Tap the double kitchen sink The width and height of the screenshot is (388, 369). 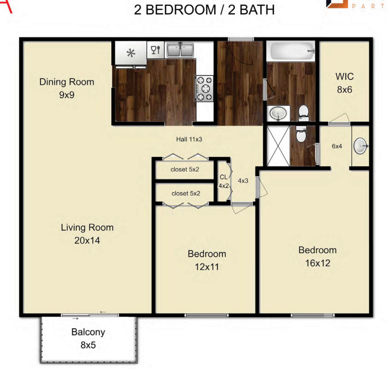pos(181,50)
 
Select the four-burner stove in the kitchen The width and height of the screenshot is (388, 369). pos(204,88)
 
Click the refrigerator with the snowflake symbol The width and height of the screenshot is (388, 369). pos(130,53)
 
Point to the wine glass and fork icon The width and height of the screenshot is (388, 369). pos(156,50)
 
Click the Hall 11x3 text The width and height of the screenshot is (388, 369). pos(189,139)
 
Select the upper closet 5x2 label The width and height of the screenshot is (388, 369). pos(185,169)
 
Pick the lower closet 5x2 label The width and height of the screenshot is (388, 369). pos(186,193)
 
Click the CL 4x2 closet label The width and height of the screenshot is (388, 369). pos(224,182)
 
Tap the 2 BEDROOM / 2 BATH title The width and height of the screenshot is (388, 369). pos(204,10)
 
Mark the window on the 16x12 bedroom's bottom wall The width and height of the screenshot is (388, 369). pos(313,316)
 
